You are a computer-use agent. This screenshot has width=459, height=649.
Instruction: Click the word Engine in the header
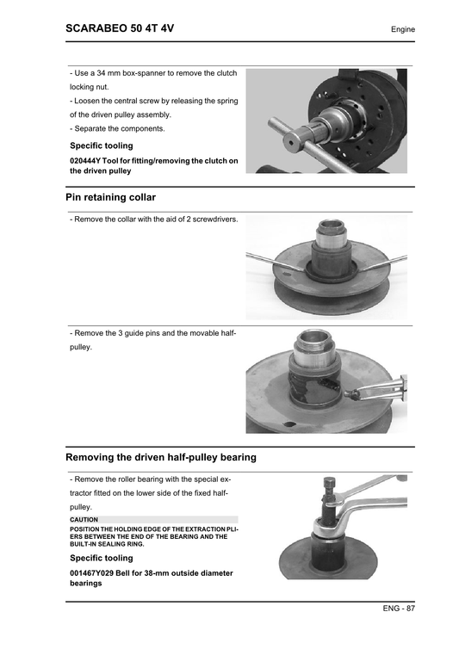pos(402,30)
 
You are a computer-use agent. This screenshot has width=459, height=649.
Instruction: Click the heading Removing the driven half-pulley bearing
pos(160,457)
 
